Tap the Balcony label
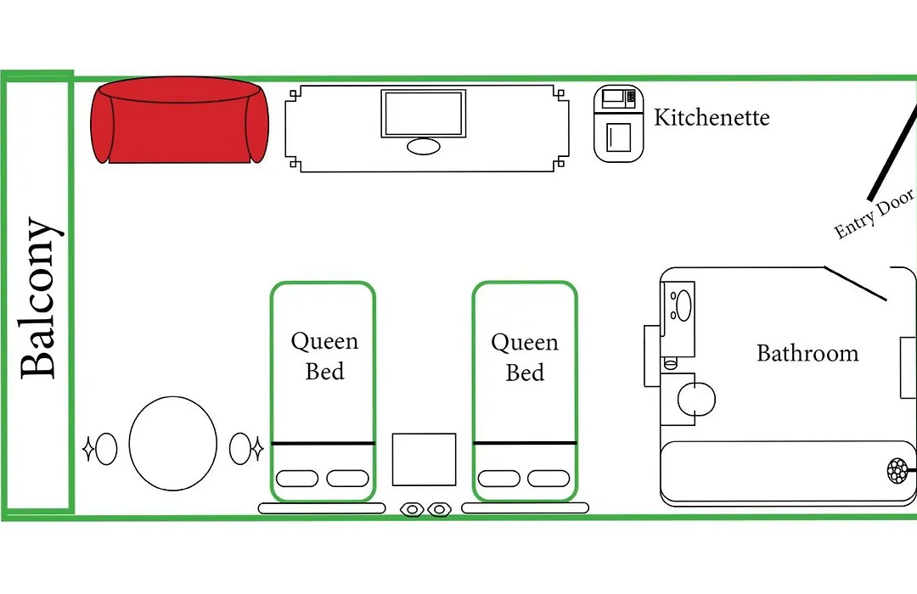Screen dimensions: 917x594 pyautogui.click(x=39, y=298)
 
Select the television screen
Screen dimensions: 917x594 pyautogui.click(x=424, y=114)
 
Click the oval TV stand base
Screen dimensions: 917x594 pyautogui.click(x=424, y=146)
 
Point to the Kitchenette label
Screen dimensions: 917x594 pyautogui.click(x=712, y=117)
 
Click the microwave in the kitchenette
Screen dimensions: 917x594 pyautogui.click(x=619, y=98)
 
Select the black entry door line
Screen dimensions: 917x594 pyautogui.click(x=893, y=152)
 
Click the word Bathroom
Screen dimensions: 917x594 pyautogui.click(x=807, y=353)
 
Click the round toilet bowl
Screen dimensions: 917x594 pyautogui.click(x=696, y=400)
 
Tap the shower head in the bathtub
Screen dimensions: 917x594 pyautogui.click(x=897, y=471)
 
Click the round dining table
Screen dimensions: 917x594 pyautogui.click(x=173, y=443)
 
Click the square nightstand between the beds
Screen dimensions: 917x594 pyautogui.click(x=424, y=460)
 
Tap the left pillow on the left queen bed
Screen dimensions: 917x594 pyautogui.click(x=297, y=479)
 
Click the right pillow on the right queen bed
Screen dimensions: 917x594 pyautogui.click(x=549, y=479)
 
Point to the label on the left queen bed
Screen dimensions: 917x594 pyautogui.click(x=324, y=356)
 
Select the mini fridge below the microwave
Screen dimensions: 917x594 pyautogui.click(x=618, y=137)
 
